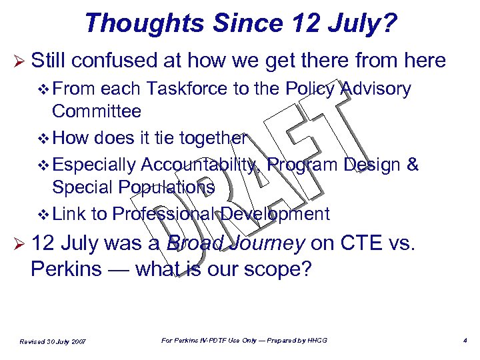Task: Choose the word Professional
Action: pyautogui.click(x=163, y=214)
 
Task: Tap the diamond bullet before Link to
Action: pyautogui.click(x=45, y=214)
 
